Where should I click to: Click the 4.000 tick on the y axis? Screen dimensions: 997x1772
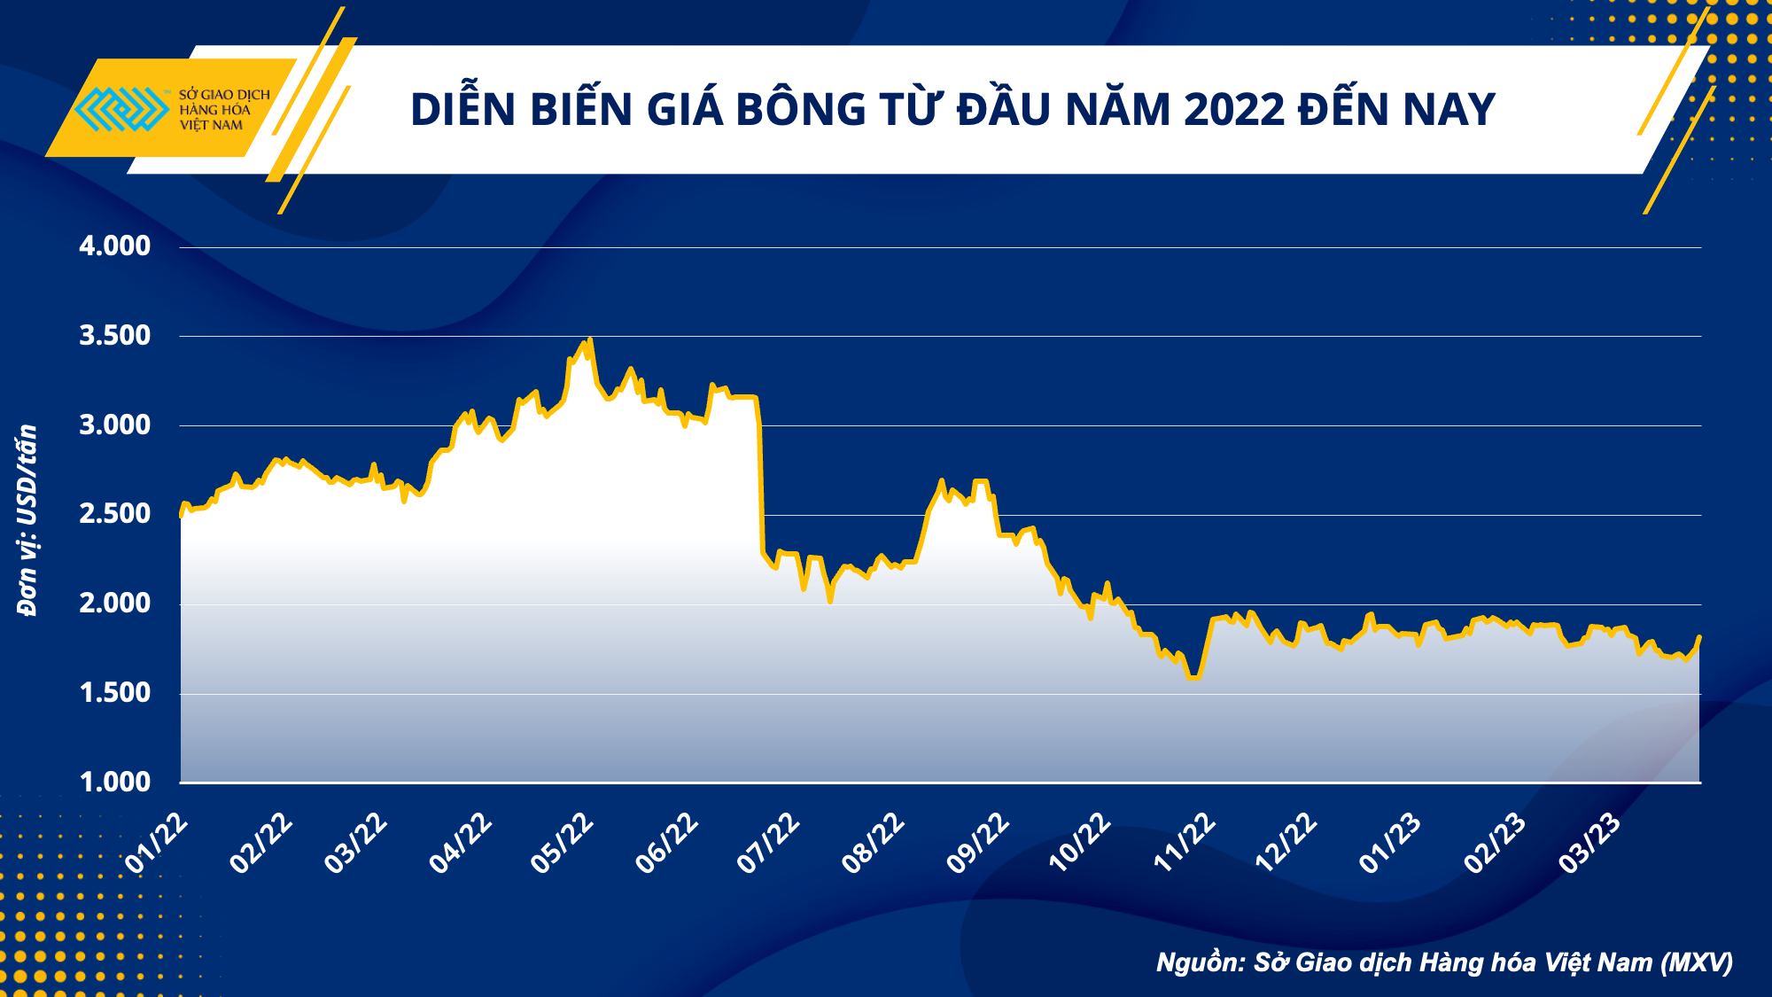(114, 245)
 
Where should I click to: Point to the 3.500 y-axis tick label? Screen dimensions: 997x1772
(114, 335)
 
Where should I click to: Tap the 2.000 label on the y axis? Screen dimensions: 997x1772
(114, 603)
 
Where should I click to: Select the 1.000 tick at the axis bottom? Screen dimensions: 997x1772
(114, 782)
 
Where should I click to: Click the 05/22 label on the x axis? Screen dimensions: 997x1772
(562, 843)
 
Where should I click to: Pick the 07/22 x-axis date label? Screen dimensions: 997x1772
(768, 843)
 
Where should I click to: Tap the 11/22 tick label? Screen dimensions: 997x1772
(1185, 843)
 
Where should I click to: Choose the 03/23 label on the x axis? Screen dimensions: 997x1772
(1590, 843)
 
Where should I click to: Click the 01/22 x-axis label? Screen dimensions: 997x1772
(157, 843)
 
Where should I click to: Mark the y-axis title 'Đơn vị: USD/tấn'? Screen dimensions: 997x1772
(27, 520)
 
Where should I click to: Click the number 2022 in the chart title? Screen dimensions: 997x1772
(1233, 110)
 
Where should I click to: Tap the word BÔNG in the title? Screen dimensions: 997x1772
(799, 110)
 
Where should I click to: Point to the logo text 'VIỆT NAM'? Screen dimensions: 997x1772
(211, 126)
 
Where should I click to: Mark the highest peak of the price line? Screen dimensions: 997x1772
(590, 339)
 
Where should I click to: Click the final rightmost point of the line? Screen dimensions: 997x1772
(1699, 637)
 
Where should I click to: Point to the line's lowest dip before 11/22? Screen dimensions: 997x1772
(1193, 677)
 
